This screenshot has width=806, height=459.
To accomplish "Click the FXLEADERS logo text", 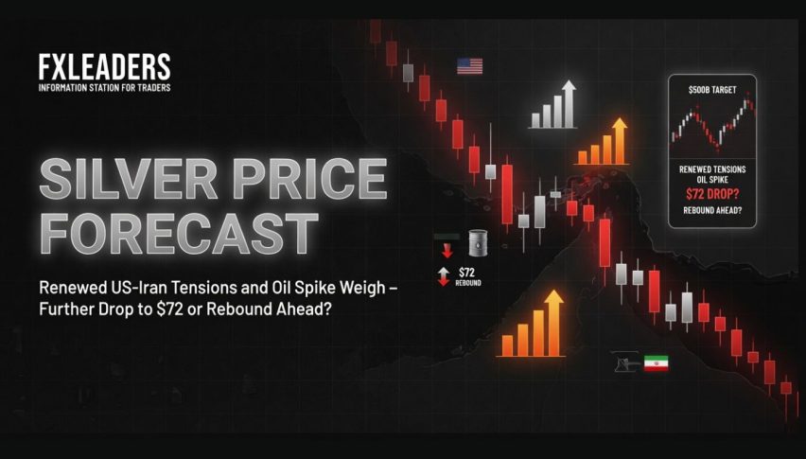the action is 104,67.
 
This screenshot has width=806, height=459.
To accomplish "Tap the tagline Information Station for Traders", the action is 104,87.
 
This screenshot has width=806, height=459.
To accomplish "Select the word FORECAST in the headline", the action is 179,234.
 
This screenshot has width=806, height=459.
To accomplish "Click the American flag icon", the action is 470,66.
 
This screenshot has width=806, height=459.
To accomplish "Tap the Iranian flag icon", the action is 657,362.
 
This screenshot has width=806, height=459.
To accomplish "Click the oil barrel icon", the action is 478,243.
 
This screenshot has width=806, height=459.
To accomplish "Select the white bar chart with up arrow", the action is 553,104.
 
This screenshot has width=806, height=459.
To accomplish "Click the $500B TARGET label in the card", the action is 712,90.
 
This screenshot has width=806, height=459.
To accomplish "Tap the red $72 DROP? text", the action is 712,194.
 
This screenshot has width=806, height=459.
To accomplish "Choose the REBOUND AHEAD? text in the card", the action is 712,210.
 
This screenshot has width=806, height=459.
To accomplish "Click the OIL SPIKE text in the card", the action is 712,180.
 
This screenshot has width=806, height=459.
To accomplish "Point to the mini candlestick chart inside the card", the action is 712,123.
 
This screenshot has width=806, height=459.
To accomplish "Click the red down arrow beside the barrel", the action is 447,251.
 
